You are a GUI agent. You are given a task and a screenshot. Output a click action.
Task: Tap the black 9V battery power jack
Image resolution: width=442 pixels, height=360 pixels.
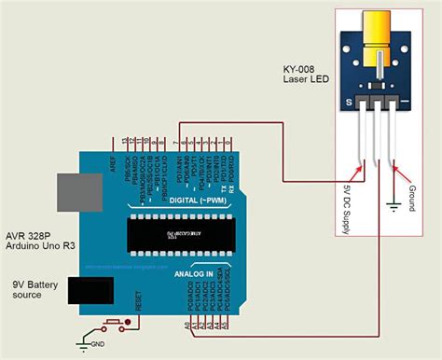[x=90, y=292]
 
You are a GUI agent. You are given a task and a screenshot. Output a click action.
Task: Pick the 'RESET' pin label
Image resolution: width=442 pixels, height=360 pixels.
[x=139, y=299]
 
